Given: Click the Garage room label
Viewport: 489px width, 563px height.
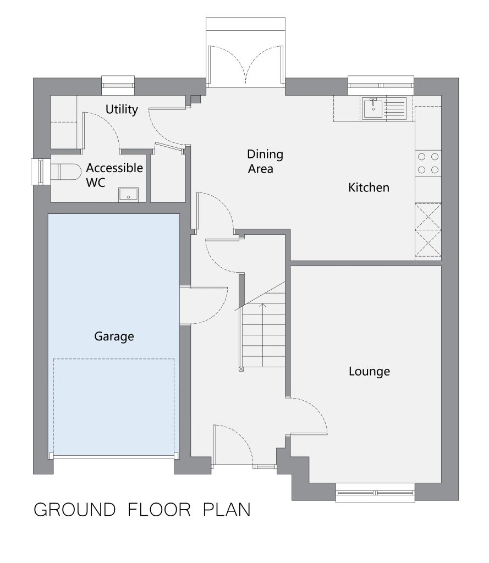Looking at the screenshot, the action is [x=114, y=336].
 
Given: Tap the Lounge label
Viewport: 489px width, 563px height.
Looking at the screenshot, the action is [x=369, y=371].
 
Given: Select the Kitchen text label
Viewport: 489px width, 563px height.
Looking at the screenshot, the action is [x=369, y=187].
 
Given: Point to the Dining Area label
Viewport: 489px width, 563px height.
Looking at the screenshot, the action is [x=265, y=161].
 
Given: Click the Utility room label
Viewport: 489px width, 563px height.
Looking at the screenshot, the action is [x=122, y=109].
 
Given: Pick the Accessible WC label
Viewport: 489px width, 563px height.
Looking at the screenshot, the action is [x=114, y=175].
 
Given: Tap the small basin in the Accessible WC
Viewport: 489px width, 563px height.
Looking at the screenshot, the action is [x=128, y=194].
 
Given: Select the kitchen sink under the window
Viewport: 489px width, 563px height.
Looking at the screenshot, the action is [x=384, y=108].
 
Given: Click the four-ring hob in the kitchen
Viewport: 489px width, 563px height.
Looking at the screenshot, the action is [x=428, y=163].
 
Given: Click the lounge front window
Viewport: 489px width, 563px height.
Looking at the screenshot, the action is [x=375, y=493].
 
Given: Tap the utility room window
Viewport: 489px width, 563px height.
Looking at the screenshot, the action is [x=118, y=85].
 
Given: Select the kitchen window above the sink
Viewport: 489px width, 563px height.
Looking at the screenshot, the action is [x=381, y=85].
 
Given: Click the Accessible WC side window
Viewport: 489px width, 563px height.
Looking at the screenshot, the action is [x=41, y=172].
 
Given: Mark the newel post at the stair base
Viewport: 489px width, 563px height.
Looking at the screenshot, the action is [x=241, y=369].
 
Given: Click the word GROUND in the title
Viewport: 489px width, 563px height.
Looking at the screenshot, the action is [x=74, y=510].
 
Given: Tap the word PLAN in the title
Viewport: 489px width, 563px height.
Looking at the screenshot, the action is [x=227, y=510].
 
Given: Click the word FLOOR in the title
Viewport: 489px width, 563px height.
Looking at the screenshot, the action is [x=159, y=510].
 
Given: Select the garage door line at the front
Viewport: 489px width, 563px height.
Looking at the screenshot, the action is [x=114, y=457].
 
